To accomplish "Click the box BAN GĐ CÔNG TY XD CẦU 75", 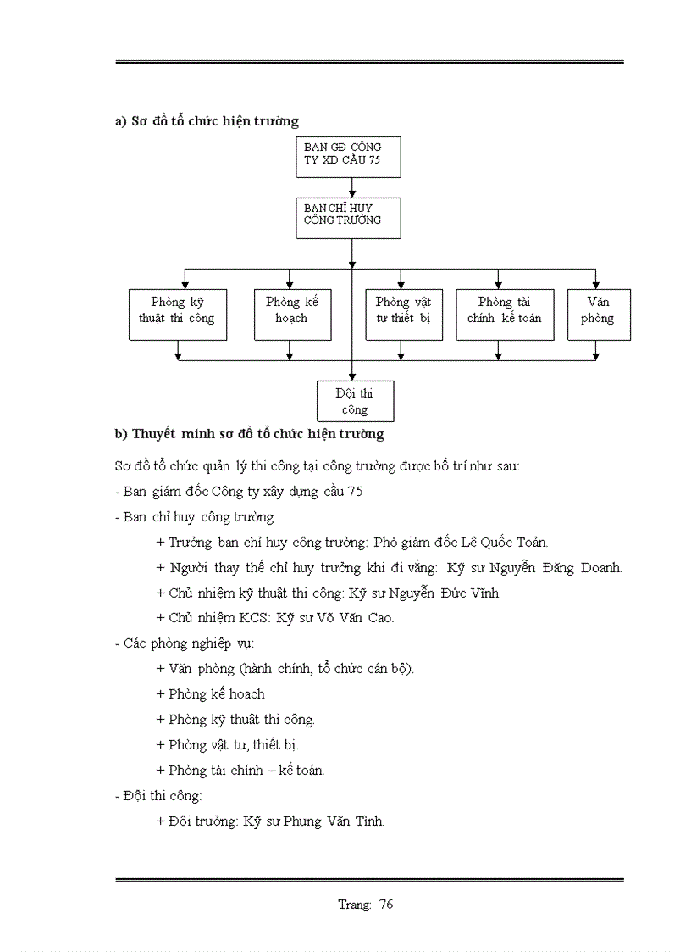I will pyautogui.click(x=348, y=157).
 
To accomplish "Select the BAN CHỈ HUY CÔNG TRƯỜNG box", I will pyautogui.click(x=348, y=218).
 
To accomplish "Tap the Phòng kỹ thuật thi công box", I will pyautogui.click(x=178, y=315).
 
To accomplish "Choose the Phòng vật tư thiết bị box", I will pyautogui.click(x=404, y=315).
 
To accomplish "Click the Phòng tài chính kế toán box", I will pyautogui.click(x=505, y=315).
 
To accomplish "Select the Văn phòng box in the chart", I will pyautogui.click(x=599, y=315).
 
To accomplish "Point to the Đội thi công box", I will pyautogui.click(x=355, y=402).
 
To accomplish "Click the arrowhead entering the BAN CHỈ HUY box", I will pyautogui.click(x=352, y=194).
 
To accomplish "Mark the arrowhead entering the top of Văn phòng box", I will pyautogui.click(x=596, y=285).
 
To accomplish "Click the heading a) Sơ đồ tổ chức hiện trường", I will pyautogui.click(x=207, y=121).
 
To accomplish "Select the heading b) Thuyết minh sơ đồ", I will pyautogui.click(x=249, y=434).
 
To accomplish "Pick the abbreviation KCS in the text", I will pyautogui.click(x=252, y=618).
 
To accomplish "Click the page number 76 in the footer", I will pyautogui.click(x=386, y=904).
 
